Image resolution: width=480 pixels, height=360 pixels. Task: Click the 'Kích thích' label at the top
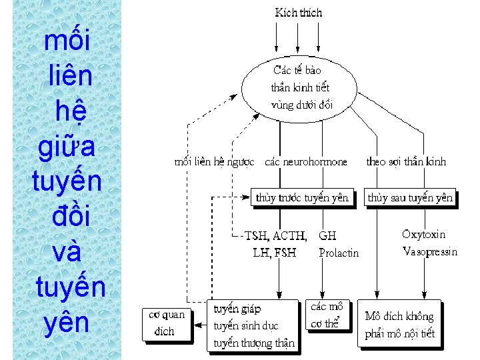click(298, 12)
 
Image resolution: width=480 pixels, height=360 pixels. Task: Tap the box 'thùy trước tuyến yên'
click(302, 197)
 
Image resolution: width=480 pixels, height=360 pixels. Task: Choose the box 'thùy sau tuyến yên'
click(410, 197)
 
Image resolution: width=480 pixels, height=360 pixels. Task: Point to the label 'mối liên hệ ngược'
click(214, 162)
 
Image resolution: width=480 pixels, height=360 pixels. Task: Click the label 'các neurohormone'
click(306, 162)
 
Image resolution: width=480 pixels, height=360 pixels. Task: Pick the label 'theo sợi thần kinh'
click(406, 162)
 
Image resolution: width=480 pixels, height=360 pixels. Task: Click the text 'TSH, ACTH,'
click(276, 236)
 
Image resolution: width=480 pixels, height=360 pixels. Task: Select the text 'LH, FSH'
click(275, 253)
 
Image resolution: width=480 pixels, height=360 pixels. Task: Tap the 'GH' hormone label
click(327, 236)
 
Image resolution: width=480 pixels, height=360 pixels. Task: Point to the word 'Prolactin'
click(339, 253)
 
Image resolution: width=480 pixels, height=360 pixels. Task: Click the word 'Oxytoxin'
click(424, 235)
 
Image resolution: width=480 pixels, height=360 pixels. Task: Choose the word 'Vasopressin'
click(430, 251)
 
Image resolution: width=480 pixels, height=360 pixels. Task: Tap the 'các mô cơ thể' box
click(327, 315)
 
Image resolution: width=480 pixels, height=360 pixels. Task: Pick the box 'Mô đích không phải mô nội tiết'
click(399, 325)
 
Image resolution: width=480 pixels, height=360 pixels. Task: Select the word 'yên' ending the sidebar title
click(67, 323)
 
